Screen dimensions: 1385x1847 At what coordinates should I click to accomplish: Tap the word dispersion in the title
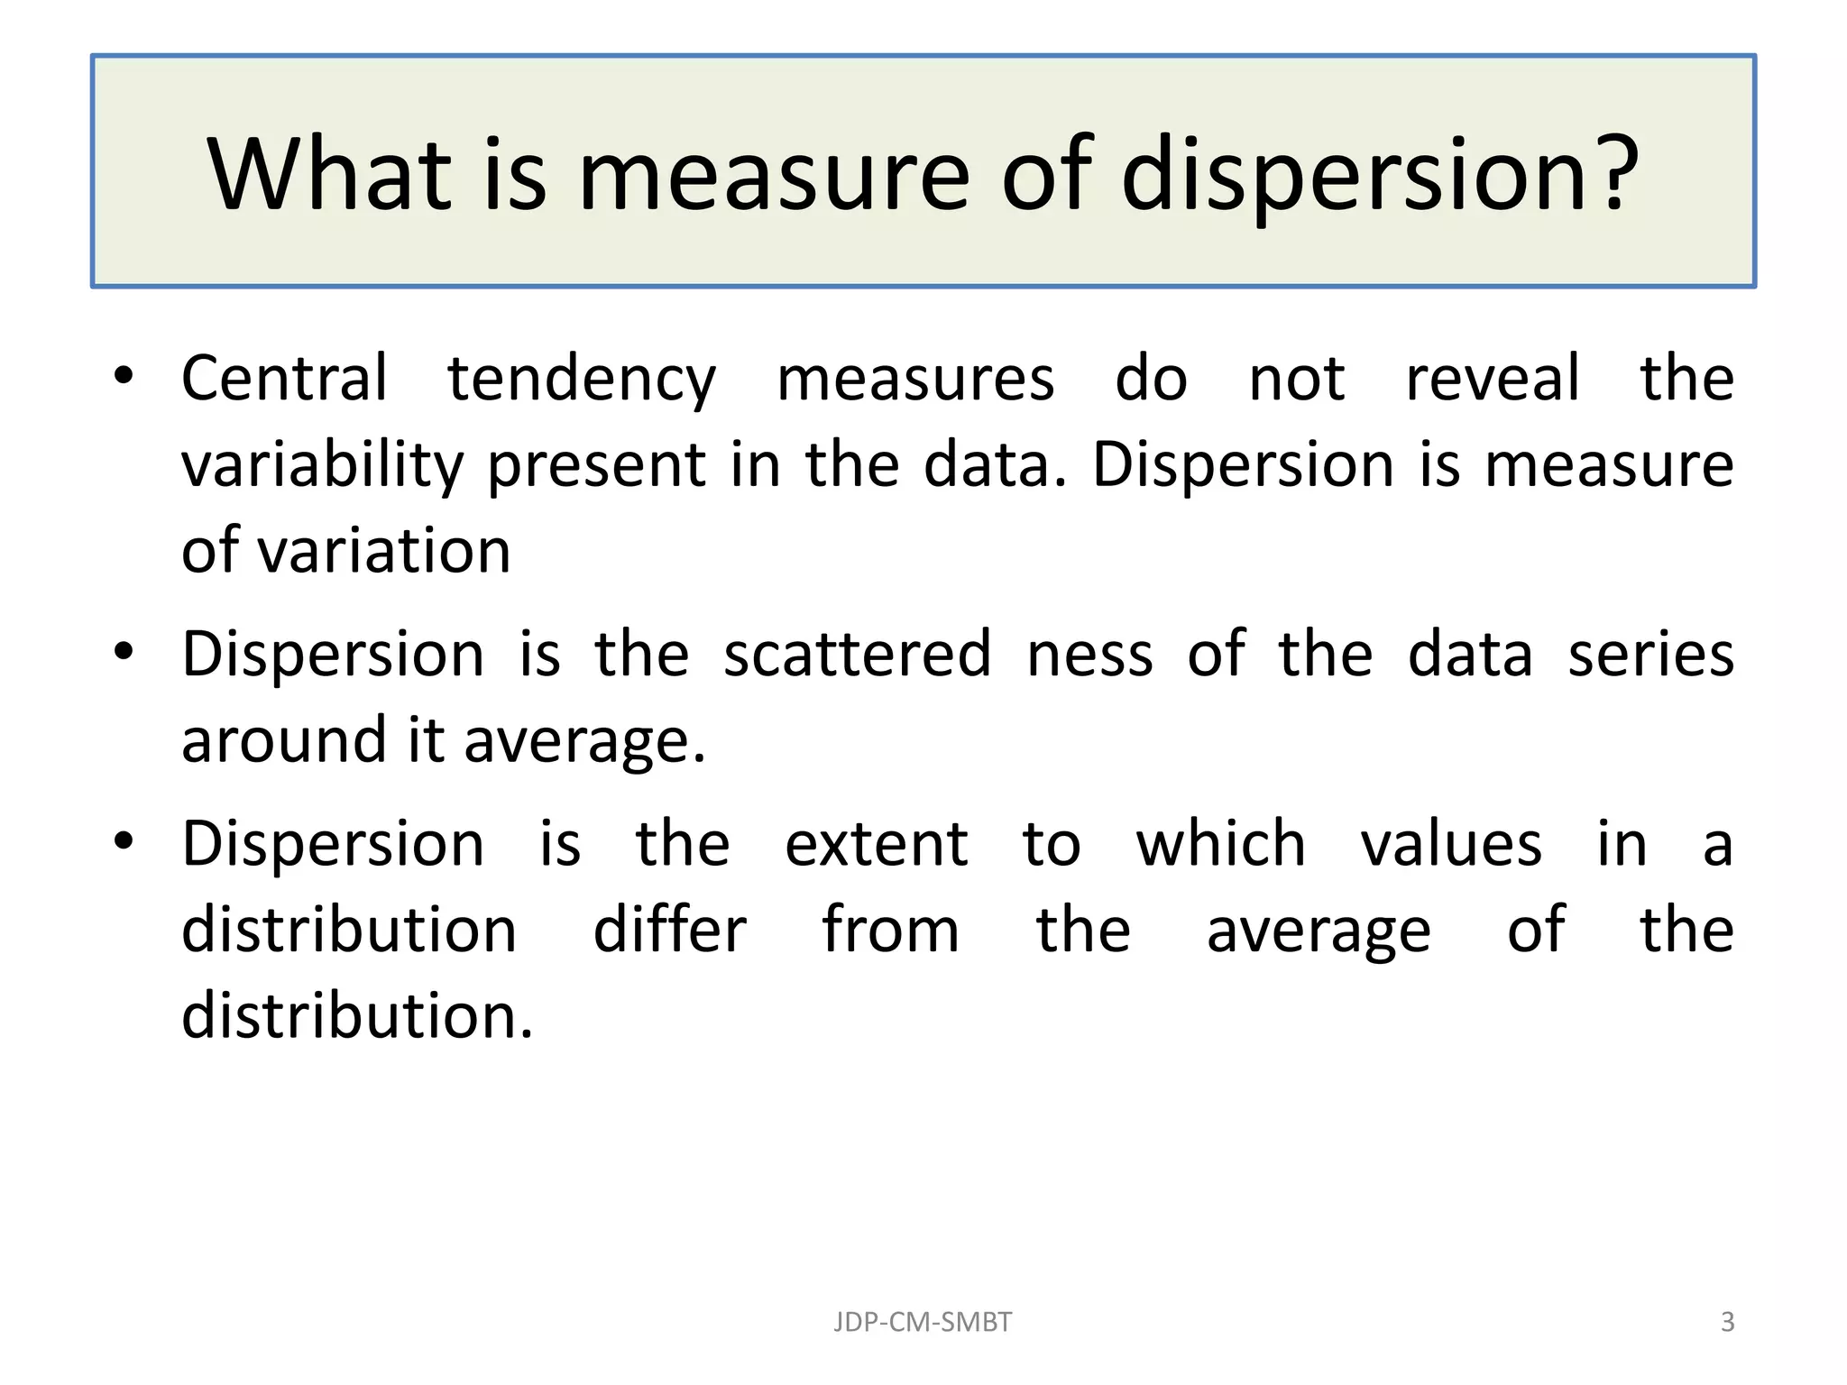click(x=1354, y=176)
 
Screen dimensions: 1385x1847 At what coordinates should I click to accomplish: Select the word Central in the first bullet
click(x=285, y=378)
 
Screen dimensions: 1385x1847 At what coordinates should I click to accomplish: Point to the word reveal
click(x=1493, y=378)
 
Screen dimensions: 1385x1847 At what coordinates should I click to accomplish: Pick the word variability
click(x=322, y=466)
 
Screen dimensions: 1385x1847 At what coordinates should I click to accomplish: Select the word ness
click(x=1089, y=656)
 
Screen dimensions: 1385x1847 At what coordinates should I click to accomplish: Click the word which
click(x=1220, y=844)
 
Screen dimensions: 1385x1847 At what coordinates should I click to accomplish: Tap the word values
click(x=1451, y=845)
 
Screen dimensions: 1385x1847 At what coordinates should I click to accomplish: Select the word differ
click(x=669, y=930)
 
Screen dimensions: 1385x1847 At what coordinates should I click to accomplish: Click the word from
click(x=890, y=930)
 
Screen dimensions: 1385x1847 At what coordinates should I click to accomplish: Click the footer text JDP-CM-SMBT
click(x=923, y=1322)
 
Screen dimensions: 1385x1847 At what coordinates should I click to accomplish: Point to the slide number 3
click(x=1727, y=1322)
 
